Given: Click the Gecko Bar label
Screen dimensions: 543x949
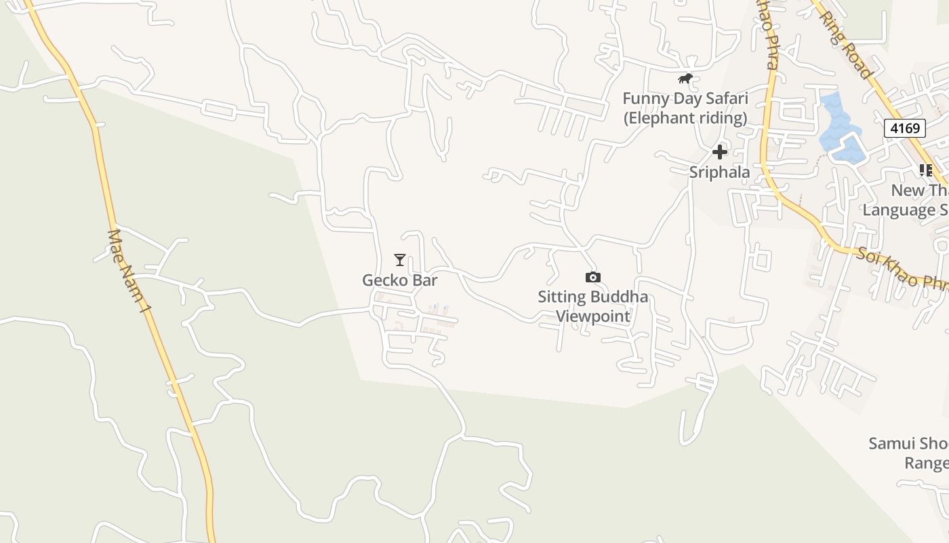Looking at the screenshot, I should [399, 280].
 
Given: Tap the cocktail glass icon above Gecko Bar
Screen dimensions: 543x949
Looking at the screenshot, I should [400, 260].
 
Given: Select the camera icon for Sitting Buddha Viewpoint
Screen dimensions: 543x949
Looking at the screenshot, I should [592, 277].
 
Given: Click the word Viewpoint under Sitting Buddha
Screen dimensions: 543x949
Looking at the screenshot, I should [593, 316].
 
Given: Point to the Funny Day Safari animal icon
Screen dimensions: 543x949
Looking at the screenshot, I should [685, 79].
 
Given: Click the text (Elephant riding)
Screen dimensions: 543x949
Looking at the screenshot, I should [685, 118].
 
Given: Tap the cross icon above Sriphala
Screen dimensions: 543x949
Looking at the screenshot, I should [720, 152].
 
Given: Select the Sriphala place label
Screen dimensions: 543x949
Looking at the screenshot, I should [719, 172].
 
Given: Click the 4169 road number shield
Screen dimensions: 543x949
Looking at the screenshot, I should [904, 128].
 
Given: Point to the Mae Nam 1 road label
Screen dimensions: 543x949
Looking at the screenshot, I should [129, 271].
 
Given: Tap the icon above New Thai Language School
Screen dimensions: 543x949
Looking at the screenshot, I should [925, 170].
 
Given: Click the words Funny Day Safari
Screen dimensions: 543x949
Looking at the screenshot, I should [685, 99].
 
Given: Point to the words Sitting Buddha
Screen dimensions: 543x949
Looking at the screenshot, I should [592, 297].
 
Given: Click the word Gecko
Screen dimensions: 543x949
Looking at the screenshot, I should [381, 280].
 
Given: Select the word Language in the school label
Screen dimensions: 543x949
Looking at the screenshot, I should [899, 210].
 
